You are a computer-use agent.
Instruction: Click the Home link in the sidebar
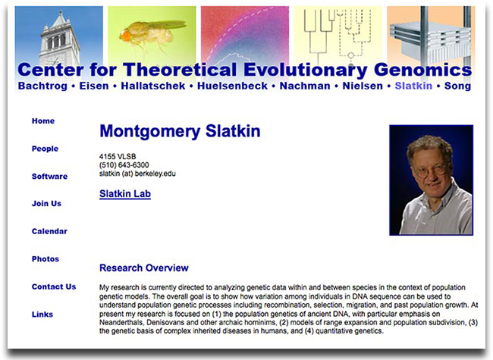[43, 121]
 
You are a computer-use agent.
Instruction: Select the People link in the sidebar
[45, 149]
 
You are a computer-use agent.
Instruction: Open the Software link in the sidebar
[49, 177]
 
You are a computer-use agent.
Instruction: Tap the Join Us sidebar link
[46, 204]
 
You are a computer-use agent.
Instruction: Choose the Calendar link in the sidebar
[49, 231]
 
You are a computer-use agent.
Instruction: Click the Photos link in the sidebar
[46, 259]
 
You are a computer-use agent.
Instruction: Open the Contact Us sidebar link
[54, 286]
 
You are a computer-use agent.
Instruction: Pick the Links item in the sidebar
[43, 315]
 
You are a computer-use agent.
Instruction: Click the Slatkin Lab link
[125, 194]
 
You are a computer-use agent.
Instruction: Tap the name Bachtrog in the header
[42, 86]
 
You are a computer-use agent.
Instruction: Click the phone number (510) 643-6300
[124, 165]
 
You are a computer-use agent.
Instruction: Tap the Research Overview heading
[144, 268]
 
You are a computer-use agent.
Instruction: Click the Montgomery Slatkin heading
[180, 131]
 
